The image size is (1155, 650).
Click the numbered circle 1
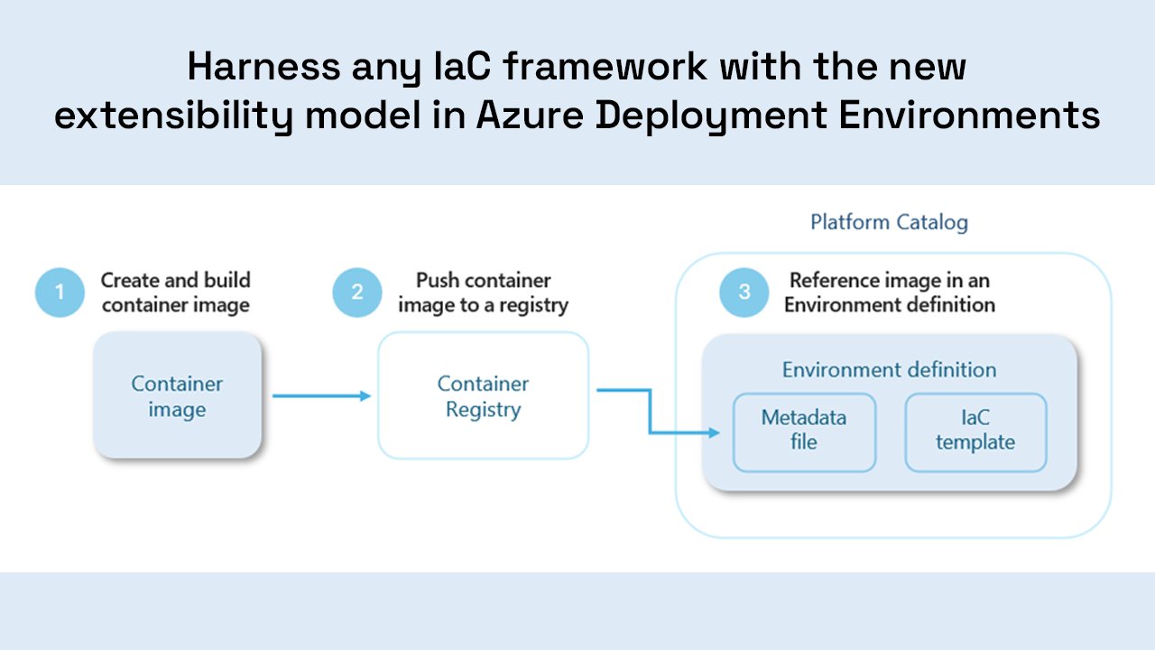60,292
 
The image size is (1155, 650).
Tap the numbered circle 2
357,292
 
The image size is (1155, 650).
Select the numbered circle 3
744,292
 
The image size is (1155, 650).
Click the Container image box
177,396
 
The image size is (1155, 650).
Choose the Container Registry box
483,396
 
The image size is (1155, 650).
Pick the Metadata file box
804,431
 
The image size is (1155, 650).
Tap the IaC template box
975,431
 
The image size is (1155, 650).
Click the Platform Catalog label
889,222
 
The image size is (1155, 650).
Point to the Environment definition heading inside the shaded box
889,370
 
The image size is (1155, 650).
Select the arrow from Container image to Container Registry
321,395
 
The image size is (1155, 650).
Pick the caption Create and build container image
176,292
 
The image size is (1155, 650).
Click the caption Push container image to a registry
483,292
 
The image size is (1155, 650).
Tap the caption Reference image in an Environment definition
889,292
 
